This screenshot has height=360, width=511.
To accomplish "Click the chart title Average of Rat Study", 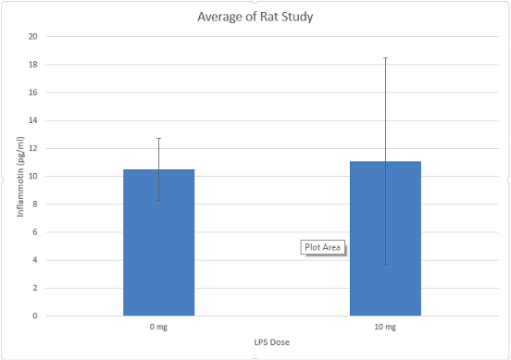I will coord(255,17).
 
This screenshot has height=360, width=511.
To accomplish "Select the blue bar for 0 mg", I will coord(158,242).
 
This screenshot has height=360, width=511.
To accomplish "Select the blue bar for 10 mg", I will coord(385,239).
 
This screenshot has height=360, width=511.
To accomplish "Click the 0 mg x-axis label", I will coord(158,328).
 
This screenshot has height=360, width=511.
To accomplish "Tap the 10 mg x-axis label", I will coord(385,328).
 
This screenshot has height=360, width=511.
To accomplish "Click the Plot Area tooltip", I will coord(323,247).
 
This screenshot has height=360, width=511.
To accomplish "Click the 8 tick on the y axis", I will coord(34,205).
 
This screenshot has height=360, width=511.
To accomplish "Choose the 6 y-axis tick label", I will coord(34,232).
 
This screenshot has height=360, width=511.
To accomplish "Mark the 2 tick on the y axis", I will coord(34,288).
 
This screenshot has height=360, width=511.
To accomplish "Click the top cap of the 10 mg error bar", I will coord(385,57).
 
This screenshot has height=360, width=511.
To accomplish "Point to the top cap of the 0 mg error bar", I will coord(158,138).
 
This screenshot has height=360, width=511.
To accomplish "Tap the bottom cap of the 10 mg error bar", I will coord(385,265).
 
